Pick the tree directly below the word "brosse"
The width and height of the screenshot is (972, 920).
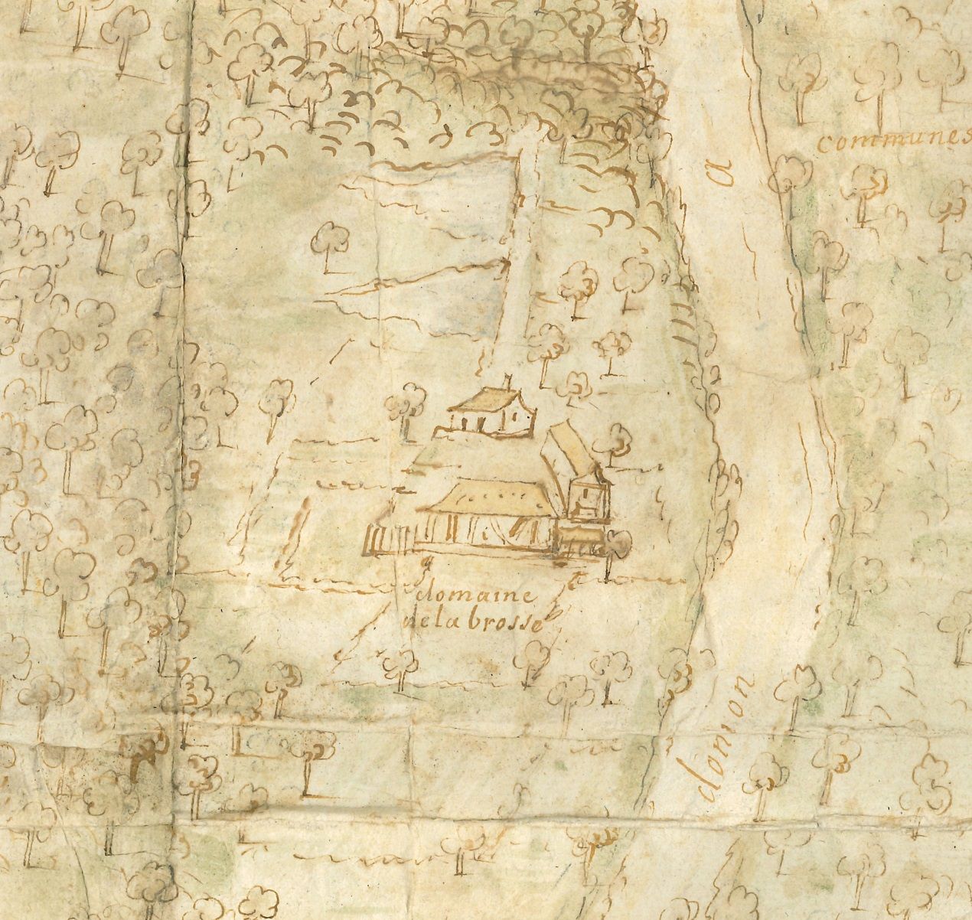[x=534, y=658]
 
